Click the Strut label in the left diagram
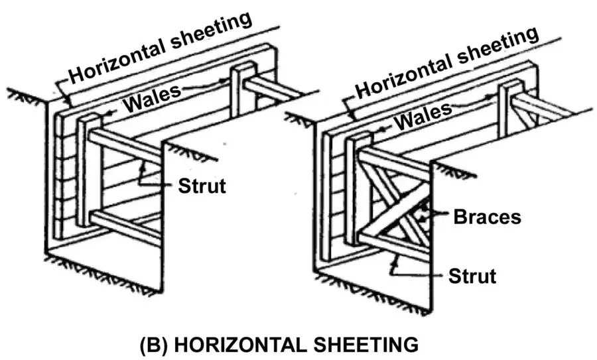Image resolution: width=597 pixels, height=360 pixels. pos(202,186)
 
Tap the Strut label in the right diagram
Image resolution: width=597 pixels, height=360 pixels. pos(472,276)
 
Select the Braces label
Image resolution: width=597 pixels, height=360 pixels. pos(487,217)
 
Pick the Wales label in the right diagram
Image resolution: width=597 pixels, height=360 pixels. pos(423,116)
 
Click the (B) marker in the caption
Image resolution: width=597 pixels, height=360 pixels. pos(154,345)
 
